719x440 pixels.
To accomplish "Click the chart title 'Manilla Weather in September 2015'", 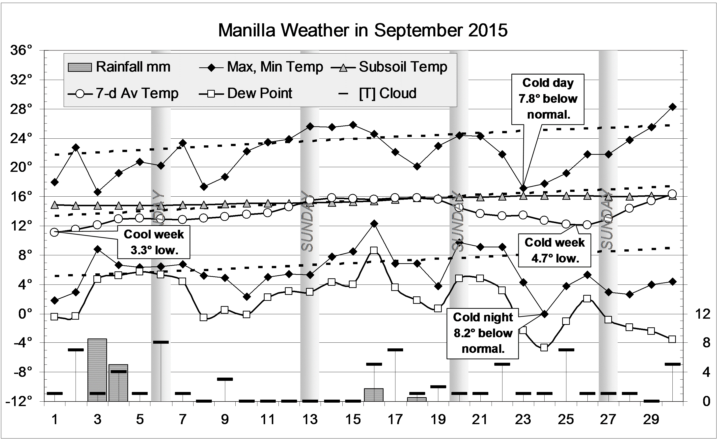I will (x=363, y=30).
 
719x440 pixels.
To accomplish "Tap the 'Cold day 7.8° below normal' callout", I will (x=548, y=99).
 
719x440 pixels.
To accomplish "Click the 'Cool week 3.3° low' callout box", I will (x=154, y=242).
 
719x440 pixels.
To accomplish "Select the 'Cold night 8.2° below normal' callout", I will (x=483, y=333).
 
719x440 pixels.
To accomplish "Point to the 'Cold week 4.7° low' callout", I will (x=554, y=250).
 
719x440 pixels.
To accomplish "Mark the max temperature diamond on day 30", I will (x=672, y=107).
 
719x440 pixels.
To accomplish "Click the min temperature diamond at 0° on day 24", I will (x=545, y=314).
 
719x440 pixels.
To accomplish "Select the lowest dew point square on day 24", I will (x=544, y=348).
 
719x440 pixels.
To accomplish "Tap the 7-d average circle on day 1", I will (x=54, y=232).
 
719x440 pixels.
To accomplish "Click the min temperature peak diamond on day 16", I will (x=374, y=224).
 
